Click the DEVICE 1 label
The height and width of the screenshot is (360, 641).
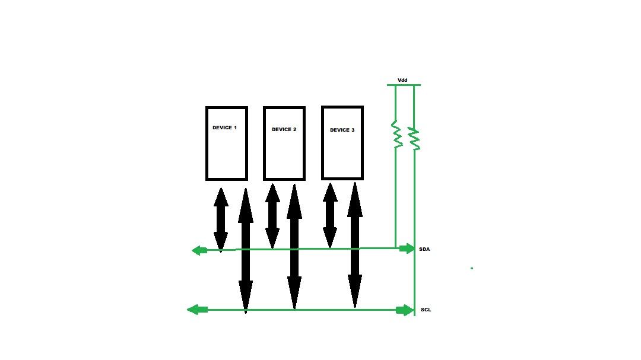tap(224, 128)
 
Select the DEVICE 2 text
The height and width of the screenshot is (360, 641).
tap(284, 129)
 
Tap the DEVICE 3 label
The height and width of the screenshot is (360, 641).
tap(342, 130)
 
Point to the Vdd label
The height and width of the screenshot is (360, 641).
tap(402, 80)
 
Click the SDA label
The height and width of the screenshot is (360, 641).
tap(424, 249)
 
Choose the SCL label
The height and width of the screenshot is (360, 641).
tap(426, 310)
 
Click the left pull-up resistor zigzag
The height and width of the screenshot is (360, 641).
tap(396, 133)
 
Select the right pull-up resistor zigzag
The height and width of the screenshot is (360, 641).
tap(414, 139)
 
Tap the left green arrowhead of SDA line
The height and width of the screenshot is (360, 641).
tap(199, 250)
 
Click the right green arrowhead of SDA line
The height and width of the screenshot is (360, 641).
tap(407, 249)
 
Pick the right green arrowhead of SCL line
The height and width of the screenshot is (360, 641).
tap(405, 310)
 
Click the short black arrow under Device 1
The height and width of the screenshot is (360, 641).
tap(221, 220)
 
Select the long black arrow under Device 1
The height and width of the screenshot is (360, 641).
tap(246, 250)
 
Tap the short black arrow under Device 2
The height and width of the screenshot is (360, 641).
tap(272, 216)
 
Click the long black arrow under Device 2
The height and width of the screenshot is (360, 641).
tap(294, 246)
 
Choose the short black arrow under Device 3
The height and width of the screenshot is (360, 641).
tap(331, 215)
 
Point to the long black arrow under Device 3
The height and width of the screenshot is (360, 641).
tap(355, 245)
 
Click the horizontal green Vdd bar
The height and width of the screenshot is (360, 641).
tap(404, 85)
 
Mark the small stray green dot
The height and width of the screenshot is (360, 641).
tap(472, 269)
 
